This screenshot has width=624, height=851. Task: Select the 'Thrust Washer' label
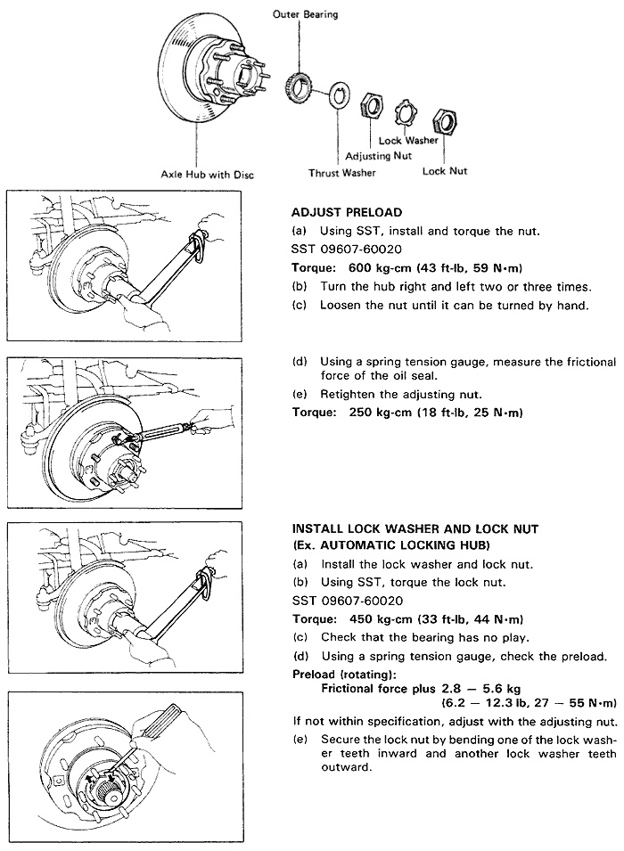click(341, 172)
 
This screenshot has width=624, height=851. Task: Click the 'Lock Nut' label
click(445, 171)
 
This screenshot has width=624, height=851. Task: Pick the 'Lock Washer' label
click(407, 140)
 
